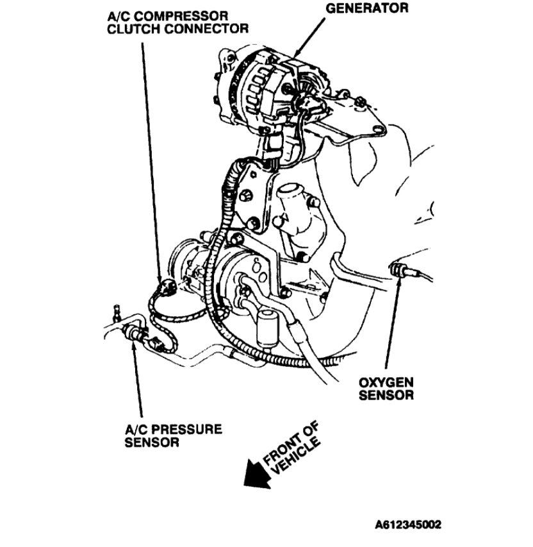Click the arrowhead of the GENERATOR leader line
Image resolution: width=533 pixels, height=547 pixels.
point(295,55)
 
